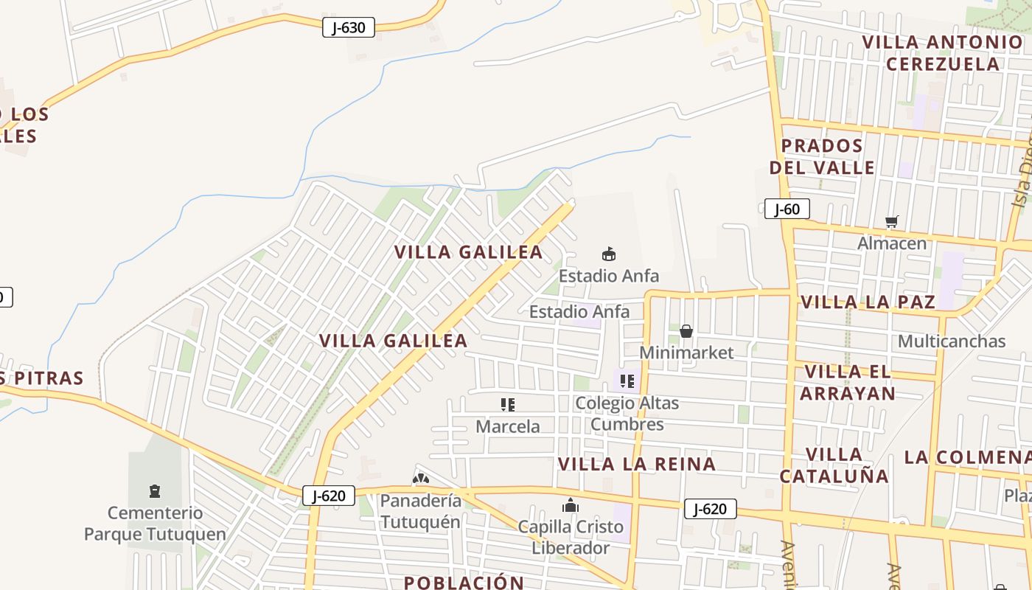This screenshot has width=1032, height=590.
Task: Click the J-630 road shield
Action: pyautogui.click(x=349, y=28)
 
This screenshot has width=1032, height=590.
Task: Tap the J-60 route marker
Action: pyautogui.click(x=787, y=209)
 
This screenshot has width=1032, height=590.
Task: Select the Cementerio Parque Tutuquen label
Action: pyautogui.click(x=155, y=524)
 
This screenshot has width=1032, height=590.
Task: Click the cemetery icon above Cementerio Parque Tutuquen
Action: pyautogui.click(x=155, y=491)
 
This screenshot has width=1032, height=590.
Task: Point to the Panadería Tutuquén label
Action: pyautogui.click(x=421, y=511)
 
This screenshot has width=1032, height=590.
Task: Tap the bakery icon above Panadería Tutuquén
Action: pyautogui.click(x=420, y=479)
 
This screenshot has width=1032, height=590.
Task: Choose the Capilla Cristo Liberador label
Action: pyautogui.click(x=571, y=538)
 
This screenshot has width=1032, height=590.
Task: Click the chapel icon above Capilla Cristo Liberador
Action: pyautogui.click(x=571, y=505)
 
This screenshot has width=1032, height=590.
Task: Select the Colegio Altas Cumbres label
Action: pyautogui.click(x=627, y=414)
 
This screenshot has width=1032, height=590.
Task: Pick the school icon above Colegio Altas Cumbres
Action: pyautogui.click(x=627, y=381)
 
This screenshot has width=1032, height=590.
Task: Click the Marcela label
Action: pyautogui.click(x=508, y=426)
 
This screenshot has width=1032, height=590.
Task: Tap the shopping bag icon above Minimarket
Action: pyautogui.click(x=686, y=331)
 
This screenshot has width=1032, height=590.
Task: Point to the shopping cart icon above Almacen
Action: pyautogui.click(x=892, y=221)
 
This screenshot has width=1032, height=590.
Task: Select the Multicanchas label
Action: pyautogui.click(x=952, y=341)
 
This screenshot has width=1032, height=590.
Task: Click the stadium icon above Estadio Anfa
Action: pyautogui.click(x=609, y=254)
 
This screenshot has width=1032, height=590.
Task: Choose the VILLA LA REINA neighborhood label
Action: pyautogui.click(x=637, y=464)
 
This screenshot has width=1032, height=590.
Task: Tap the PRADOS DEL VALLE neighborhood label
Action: pyautogui.click(x=822, y=156)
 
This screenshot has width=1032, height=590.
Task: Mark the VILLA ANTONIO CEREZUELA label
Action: pyautogui.click(x=943, y=52)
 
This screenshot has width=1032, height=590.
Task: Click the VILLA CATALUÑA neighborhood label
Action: pyautogui.click(x=834, y=465)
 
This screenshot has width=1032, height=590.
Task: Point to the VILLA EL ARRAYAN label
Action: pyautogui.click(x=848, y=382)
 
